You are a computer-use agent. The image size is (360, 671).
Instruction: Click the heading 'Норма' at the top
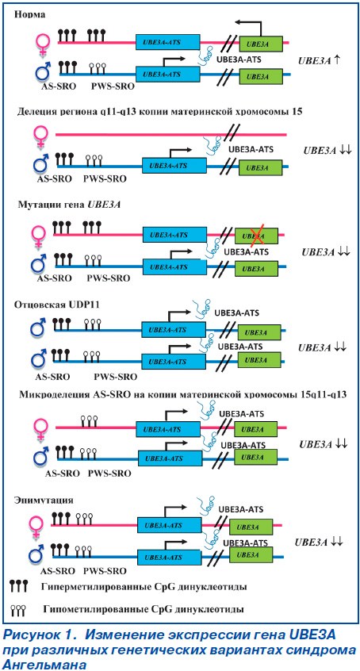pos(30,14)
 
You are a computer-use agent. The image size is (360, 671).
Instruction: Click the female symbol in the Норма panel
pos(43,43)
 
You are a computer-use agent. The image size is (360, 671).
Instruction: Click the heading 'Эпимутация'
pos(44,500)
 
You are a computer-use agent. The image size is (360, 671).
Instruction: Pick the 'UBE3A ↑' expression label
pos(320,61)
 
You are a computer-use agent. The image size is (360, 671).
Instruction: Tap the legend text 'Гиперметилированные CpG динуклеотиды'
pos(144,585)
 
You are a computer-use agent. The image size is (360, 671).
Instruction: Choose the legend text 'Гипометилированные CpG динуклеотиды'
pos(144,608)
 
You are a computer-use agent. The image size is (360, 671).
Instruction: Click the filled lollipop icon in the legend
pos(19,585)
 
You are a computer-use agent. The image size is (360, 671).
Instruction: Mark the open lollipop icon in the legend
pos(19,609)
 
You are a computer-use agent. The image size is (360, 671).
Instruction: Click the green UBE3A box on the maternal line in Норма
pos(261,43)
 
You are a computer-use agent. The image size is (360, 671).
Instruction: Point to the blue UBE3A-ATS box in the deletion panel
pos(174,164)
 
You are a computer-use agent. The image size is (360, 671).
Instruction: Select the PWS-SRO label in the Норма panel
pos(113,86)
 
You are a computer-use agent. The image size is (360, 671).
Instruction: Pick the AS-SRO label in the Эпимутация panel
pos(58,571)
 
